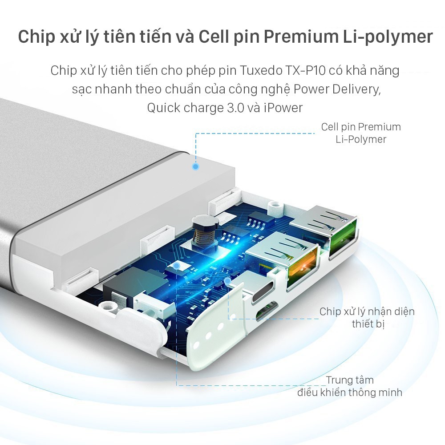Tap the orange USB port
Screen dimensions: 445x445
[302, 265]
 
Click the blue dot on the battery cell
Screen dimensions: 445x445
[195, 166]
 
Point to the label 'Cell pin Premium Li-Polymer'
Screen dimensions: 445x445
[361, 133]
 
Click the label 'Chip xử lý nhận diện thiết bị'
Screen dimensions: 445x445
[367, 318]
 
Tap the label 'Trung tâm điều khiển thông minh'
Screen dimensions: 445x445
[350, 386]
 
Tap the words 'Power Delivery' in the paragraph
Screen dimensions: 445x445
[337, 89]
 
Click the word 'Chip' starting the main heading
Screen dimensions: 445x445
[36, 37]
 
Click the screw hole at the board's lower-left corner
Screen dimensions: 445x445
[108, 306]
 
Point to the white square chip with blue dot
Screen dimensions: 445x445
[177, 267]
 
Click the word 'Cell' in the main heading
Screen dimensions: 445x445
[214, 37]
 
